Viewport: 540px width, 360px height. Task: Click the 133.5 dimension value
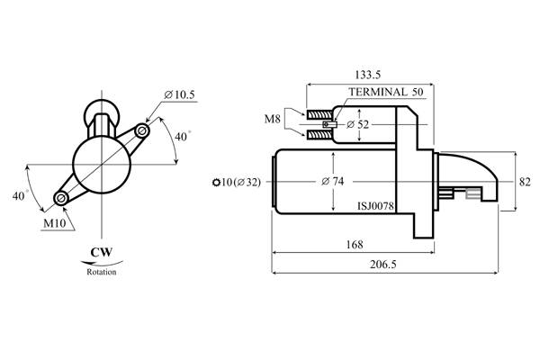click(368, 75)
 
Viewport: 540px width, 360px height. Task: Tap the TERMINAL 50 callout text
click(386, 92)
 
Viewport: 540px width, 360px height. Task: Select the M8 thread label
click(272, 119)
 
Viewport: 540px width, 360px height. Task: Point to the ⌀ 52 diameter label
click(357, 124)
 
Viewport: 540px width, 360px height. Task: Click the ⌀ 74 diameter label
click(332, 181)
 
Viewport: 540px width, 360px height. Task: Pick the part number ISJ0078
click(375, 206)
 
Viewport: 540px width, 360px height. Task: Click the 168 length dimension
click(355, 245)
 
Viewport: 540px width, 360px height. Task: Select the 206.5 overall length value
click(383, 265)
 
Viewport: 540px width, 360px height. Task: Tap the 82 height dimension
click(525, 182)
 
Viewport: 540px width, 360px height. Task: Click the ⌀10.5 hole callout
click(179, 94)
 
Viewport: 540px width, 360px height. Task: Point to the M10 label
click(54, 223)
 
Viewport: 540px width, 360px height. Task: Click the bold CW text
click(101, 252)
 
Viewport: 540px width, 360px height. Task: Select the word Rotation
click(101, 272)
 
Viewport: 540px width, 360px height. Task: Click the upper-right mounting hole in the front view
click(141, 130)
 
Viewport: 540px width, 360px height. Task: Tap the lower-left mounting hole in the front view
click(61, 198)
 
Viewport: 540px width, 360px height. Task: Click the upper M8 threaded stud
click(319, 114)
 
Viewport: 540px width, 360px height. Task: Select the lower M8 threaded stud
click(319, 134)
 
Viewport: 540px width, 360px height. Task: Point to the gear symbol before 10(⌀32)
click(216, 182)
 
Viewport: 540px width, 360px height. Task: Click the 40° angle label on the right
click(183, 137)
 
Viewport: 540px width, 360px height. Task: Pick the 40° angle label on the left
click(20, 195)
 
